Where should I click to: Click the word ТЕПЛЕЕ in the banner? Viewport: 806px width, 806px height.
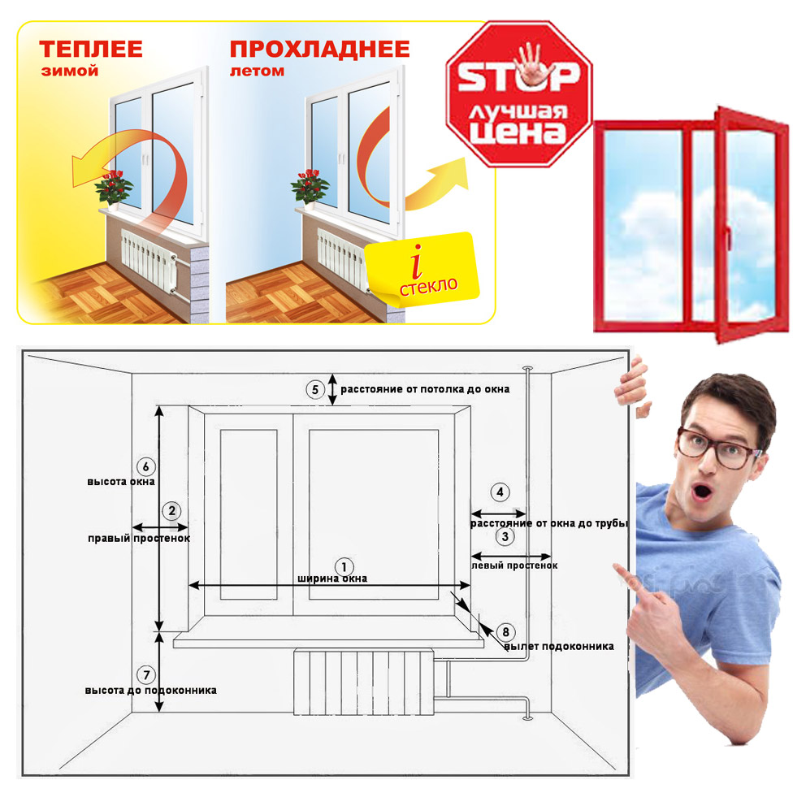coord(90,49)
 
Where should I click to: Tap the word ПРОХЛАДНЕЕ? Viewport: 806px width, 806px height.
coord(319,50)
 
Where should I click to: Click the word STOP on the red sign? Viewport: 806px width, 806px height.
coord(518,76)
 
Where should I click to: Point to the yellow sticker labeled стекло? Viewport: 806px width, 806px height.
coord(422,269)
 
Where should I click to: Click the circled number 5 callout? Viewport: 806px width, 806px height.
coord(315,389)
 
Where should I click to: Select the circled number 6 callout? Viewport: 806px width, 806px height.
coord(146,466)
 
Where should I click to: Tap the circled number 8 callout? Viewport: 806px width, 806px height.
coord(506,632)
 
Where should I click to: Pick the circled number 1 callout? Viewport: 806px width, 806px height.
coord(344,567)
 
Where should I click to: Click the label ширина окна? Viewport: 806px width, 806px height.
coord(332,578)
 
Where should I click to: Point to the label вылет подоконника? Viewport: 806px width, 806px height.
coord(559,646)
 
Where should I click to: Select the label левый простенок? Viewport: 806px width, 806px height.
coord(514,565)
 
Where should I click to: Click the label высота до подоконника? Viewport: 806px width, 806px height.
coord(150,690)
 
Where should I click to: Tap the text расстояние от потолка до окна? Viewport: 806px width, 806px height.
coord(425,389)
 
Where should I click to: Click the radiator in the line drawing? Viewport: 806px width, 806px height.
coord(364,682)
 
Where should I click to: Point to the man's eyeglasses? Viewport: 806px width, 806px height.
coord(717,448)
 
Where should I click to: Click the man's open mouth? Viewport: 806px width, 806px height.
coord(701,493)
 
